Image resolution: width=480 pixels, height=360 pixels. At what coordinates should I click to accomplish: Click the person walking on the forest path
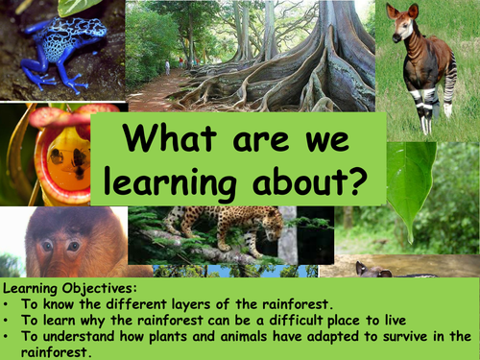[166, 67]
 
